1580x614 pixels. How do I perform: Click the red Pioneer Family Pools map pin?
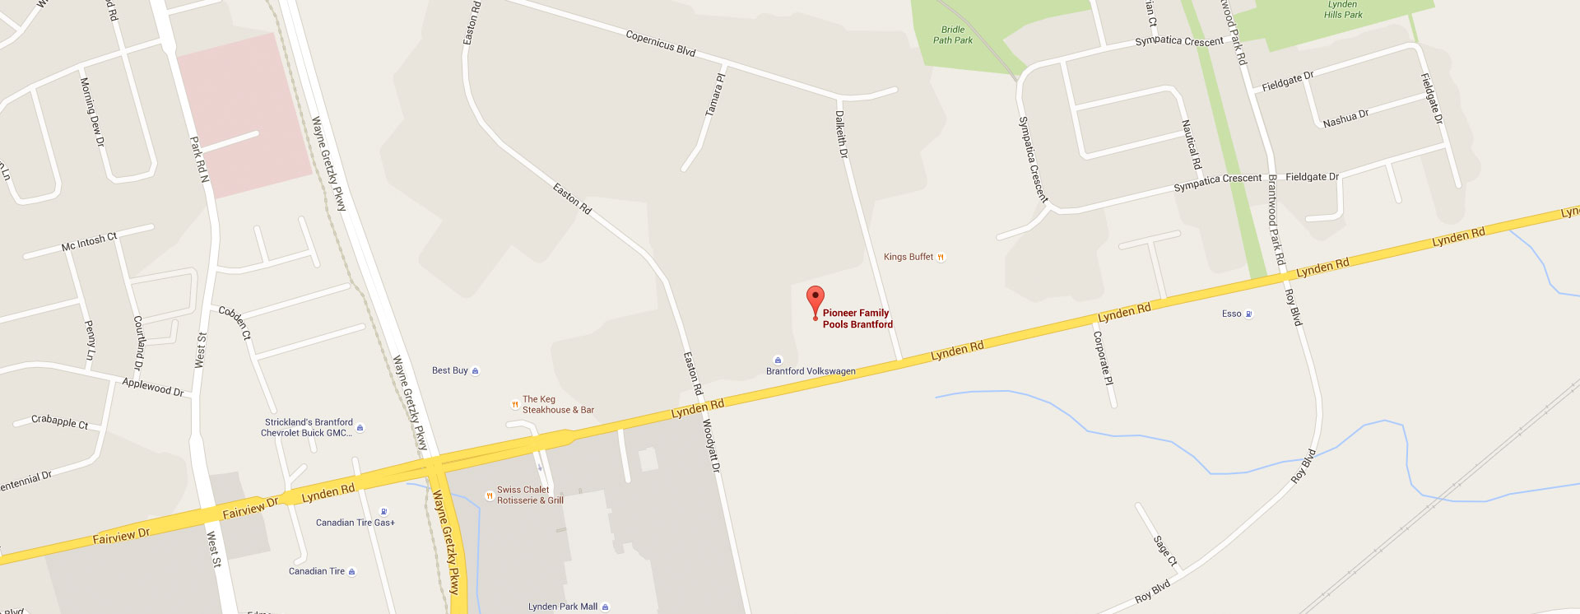click(x=815, y=300)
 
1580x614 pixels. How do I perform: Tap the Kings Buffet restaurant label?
click(x=908, y=257)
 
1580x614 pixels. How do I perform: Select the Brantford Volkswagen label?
click(x=811, y=371)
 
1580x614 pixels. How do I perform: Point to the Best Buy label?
click(x=450, y=370)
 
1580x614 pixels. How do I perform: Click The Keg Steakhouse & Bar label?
click(x=557, y=404)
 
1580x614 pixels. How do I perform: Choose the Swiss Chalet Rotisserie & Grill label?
click(x=529, y=495)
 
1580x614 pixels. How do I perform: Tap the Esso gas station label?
click(x=1232, y=314)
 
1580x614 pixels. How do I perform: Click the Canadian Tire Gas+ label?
click(x=355, y=523)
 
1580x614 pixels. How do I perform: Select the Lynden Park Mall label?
click(x=563, y=607)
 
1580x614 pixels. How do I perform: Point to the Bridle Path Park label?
click(x=953, y=35)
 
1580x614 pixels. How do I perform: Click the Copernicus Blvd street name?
click(x=661, y=43)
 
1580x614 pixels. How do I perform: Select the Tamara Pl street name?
click(x=716, y=95)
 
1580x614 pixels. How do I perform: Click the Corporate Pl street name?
click(x=1103, y=358)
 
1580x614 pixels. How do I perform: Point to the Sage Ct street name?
click(x=1165, y=551)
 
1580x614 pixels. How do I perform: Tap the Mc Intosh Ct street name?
click(x=90, y=242)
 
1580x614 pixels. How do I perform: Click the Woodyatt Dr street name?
click(x=711, y=445)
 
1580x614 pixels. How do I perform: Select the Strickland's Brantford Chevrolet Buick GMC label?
click(x=308, y=427)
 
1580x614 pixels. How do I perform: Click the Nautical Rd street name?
click(x=1191, y=144)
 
